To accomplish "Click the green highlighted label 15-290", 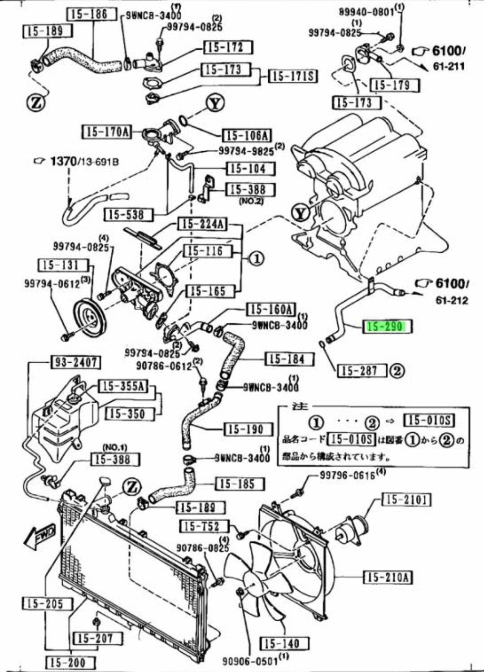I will [x=386, y=326].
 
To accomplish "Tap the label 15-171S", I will [x=292, y=76].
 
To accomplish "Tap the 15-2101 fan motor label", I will [x=406, y=499].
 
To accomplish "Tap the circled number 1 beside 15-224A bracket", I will [x=256, y=259].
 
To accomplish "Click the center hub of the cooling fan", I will [x=250, y=584].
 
